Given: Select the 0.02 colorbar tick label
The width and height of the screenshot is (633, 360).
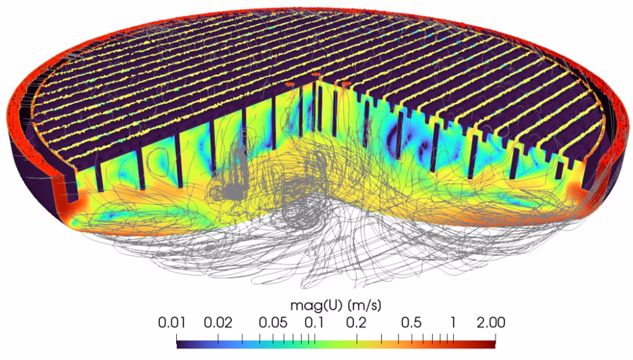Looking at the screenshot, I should point(218,322).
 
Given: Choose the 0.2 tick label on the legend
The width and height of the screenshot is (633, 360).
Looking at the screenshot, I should point(356,322).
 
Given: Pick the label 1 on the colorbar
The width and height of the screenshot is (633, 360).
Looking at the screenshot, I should point(453,322).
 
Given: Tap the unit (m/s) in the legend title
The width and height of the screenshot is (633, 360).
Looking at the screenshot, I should point(359,306).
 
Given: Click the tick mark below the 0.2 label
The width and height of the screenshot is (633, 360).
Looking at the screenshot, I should point(357,337).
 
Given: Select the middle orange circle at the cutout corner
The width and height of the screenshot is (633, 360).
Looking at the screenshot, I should point(316,75).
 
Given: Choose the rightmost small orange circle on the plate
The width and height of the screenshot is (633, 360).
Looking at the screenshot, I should point(346,82).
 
